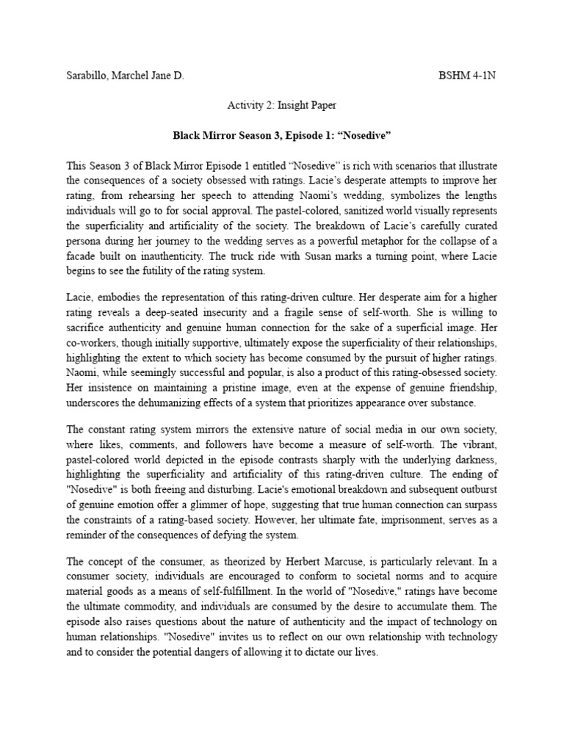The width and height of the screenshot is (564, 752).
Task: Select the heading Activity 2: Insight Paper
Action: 281,106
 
